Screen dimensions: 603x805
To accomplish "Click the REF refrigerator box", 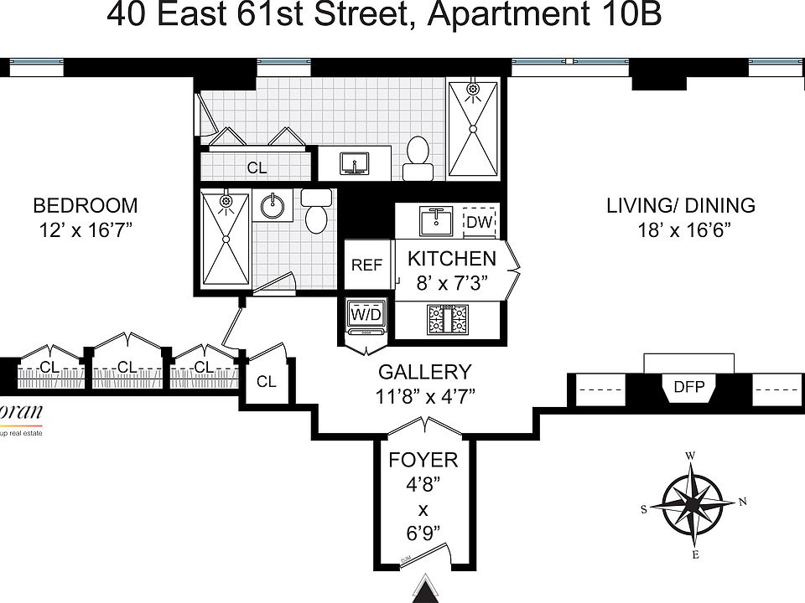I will pyautogui.click(x=366, y=265).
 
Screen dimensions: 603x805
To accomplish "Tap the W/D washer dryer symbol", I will pyautogui.click(x=366, y=316).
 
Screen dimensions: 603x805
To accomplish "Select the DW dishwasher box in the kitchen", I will pyautogui.click(x=479, y=222).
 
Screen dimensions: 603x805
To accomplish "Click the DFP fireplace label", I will pyautogui.click(x=688, y=387).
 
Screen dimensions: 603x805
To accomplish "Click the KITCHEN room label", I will pyautogui.click(x=452, y=259).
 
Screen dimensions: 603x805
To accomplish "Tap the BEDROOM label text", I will pyautogui.click(x=85, y=205).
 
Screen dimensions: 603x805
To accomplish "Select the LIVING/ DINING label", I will pyautogui.click(x=681, y=205).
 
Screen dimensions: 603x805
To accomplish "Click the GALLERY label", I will pyautogui.click(x=424, y=372).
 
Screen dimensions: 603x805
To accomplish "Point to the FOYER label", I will pyautogui.click(x=423, y=460).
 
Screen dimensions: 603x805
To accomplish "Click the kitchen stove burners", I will pyautogui.click(x=449, y=319).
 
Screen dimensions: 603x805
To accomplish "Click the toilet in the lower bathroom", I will pyautogui.click(x=316, y=214).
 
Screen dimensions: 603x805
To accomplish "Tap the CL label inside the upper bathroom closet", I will pyautogui.click(x=257, y=167).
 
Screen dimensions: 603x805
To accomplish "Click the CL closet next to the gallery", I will pyautogui.click(x=267, y=382).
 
